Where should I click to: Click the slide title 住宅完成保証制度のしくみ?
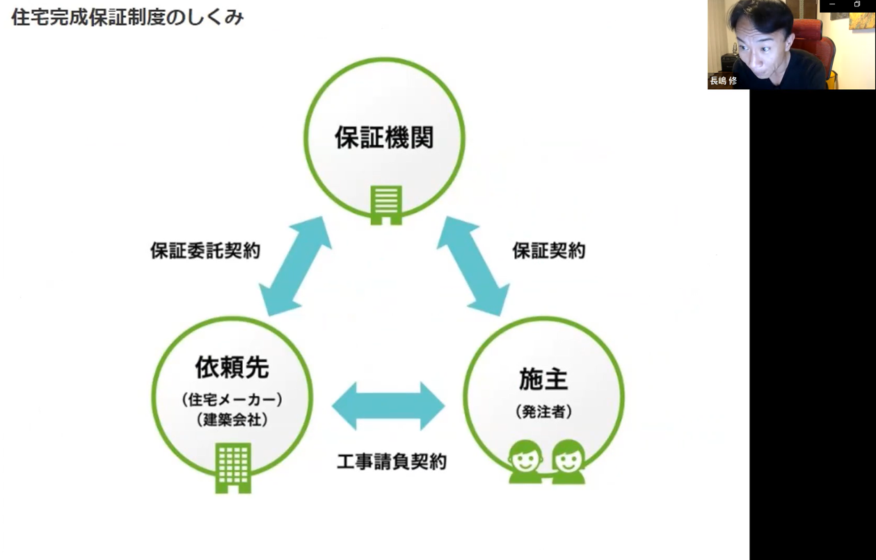pos(127,17)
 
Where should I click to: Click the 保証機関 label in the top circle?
pos(384,137)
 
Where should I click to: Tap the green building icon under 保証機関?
pos(386,205)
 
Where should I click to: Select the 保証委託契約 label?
pos(205,251)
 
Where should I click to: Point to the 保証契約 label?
pos(548,251)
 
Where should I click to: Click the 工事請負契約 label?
pos(391,461)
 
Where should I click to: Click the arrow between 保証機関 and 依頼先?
pos(296,266)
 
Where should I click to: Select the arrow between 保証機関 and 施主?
pos(473,266)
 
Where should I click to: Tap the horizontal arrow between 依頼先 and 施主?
pos(388,406)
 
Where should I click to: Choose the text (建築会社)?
pos(232,420)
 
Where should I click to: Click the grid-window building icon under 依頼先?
pos(233,467)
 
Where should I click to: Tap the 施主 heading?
pos(543,379)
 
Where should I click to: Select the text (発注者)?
pos(543,412)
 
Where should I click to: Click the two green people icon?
pos(547,461)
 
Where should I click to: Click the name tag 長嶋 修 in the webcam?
pos(723,81)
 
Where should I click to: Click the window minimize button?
pos(832,5)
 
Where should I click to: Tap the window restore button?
pos(857,5)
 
